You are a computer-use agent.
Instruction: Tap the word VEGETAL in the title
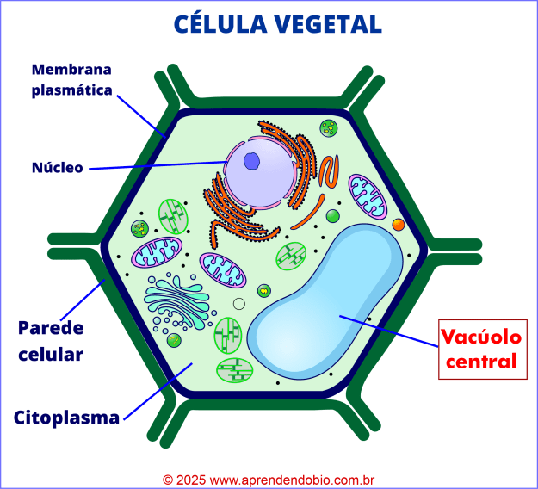[331, 23]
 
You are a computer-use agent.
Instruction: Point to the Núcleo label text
[57, 167]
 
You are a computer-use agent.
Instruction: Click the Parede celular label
[51, 341]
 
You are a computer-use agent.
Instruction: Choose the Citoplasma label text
[66, 418]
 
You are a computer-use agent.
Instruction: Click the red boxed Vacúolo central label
[482, 348]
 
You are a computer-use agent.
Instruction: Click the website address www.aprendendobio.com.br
[293, 479]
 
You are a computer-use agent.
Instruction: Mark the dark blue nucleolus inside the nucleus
[251, 161]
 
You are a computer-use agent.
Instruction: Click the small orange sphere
[398, 225]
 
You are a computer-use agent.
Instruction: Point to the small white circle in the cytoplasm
[238, 303]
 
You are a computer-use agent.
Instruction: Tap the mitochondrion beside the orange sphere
[368, 196]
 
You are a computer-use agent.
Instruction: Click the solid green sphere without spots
[332, 216]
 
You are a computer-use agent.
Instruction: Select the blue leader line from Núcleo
[155, 164]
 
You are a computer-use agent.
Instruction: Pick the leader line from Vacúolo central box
[387, 331]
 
